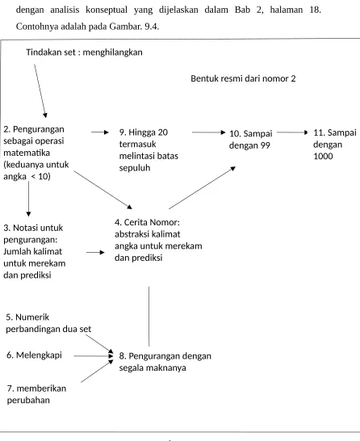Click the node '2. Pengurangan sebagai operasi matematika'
point(36,153)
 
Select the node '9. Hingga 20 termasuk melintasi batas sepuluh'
point(149,150)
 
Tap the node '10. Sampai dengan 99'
point(250,139)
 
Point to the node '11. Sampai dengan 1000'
point(335,144)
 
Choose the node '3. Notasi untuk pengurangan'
point(34,251)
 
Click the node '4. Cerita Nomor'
point(158,240)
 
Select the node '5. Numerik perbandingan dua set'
point(48,323)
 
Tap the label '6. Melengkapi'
point(34,355)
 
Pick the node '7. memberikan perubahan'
point(36,394)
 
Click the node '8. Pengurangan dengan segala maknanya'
point(165,362)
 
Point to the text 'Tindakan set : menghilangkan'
point(84,52)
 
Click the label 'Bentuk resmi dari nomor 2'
point(243,78)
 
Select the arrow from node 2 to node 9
point(100,132)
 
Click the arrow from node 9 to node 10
point(209,132)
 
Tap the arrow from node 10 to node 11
point(292,132)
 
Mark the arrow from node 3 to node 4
point(95,253)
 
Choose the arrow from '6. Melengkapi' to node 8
point(94,356)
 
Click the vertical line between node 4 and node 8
point(149,317)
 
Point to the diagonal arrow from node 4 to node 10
point(202,187)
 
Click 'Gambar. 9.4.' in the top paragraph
point(134,27)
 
